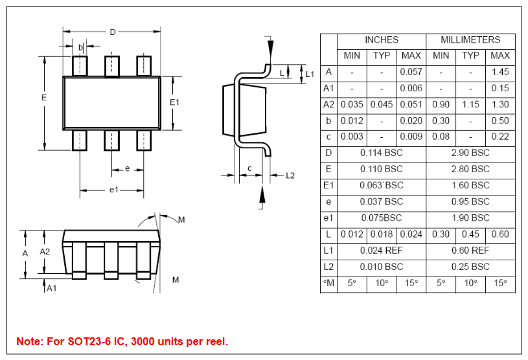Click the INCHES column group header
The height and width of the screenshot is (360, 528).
[382, 40]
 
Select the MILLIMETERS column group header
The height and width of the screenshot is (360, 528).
[470, 40]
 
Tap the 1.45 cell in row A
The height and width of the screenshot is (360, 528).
[500, 72]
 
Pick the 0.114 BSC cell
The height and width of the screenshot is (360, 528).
[382, 153]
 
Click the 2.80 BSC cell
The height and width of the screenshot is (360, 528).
[470, 169]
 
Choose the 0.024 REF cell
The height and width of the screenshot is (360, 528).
[382, 251]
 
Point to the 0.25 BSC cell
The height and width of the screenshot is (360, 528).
[470, 267]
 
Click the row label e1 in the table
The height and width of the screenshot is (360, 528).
[328, 218]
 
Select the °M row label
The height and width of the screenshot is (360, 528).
[328, 283]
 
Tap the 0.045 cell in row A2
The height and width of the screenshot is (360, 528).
[382, 104]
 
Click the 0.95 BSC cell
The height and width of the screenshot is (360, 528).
[470, 201]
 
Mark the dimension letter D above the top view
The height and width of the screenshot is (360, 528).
[113, 32]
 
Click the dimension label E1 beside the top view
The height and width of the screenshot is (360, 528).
[174, 103]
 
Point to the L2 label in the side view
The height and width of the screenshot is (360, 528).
[290, 175]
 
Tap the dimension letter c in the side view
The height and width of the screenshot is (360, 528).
[249, 168]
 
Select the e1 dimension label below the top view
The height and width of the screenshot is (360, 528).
[113, 189]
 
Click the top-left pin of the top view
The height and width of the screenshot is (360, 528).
[80, 66]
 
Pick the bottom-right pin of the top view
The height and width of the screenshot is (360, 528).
[144, 140]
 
